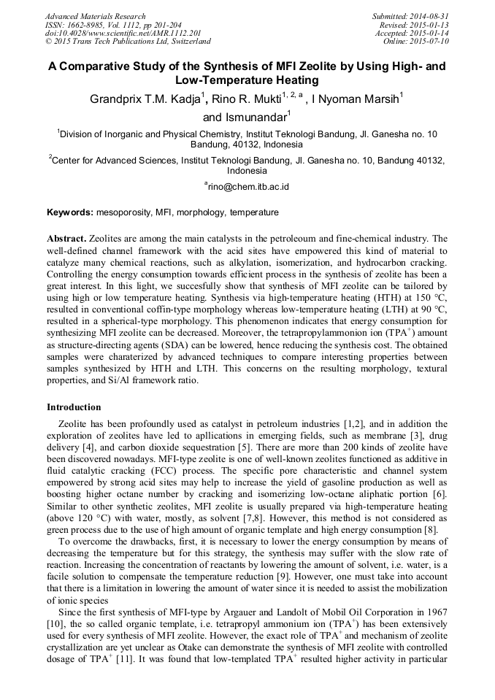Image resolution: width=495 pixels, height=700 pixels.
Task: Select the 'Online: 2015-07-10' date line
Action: [x=417, y=41]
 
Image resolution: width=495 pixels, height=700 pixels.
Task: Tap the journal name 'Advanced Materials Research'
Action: [x=95, y=16]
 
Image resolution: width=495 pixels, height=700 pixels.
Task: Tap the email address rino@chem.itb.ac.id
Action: [x=248, y=187]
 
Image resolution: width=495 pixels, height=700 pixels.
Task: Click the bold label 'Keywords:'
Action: [x=70, y=213]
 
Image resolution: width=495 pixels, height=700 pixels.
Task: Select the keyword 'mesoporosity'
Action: [x=123, y=213]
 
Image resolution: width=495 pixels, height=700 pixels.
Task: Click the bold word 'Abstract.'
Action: [x=67, y=239]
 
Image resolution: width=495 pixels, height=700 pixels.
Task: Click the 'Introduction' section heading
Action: [x=74, y=407]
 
